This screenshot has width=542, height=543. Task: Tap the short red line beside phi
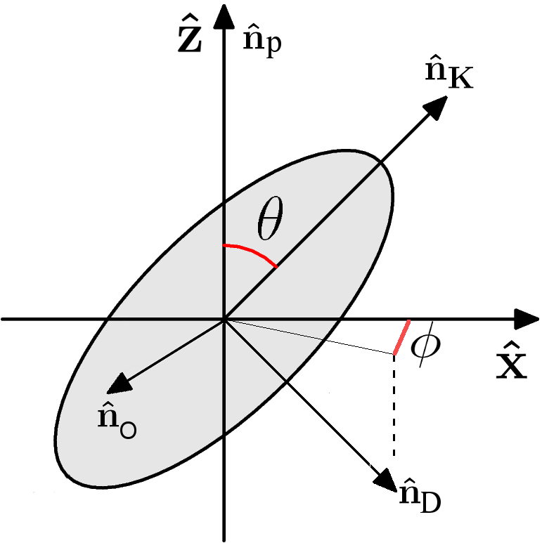click(x=401, y=338)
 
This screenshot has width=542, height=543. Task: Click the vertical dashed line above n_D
click(x=394, y=407)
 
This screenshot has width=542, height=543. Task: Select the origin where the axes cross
click(x=224, y=320)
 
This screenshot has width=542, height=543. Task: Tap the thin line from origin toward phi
click(x=309, y=337)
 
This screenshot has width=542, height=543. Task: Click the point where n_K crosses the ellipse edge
click(x=380, y=165)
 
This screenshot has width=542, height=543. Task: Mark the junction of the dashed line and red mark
click(x=394, y=354)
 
